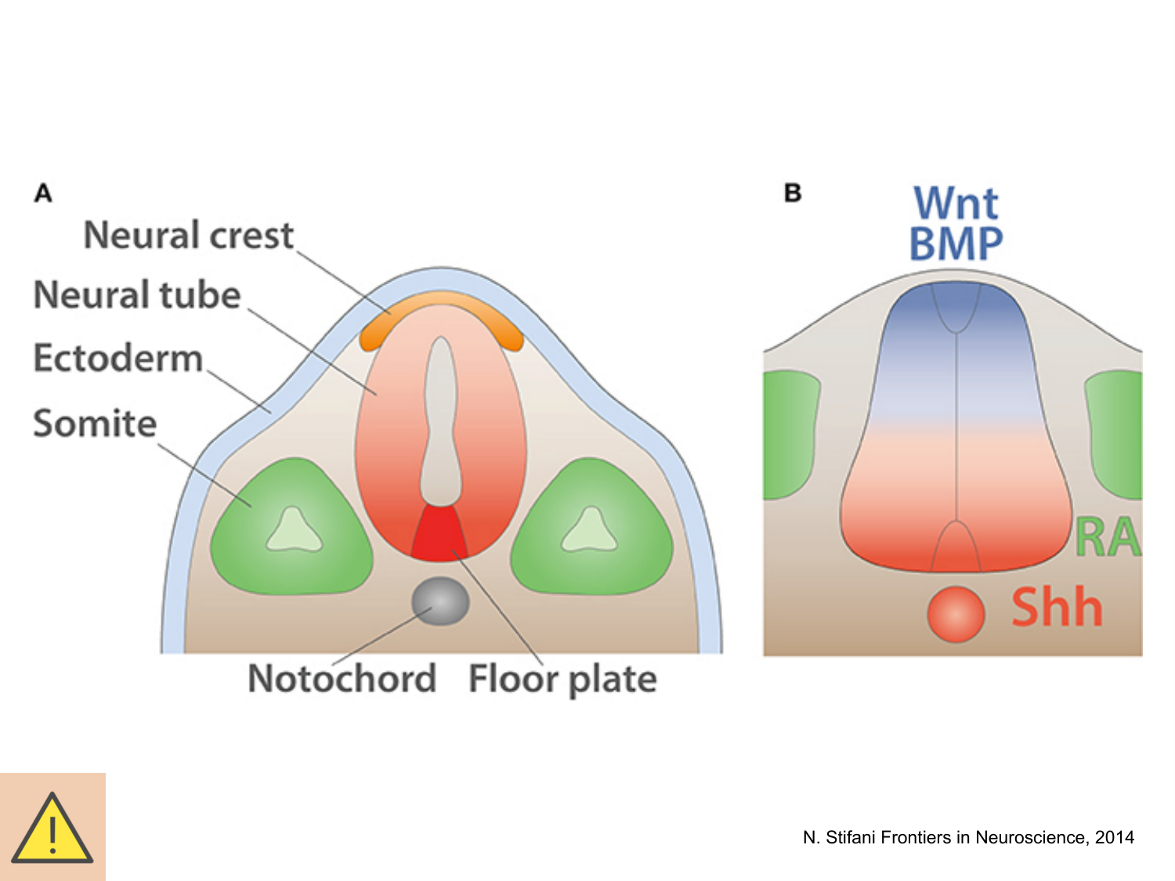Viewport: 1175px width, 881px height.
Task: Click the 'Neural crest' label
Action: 188,235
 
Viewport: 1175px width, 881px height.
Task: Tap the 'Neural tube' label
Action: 137,295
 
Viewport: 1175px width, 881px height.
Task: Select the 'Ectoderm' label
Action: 118,358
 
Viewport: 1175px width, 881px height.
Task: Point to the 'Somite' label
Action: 95,423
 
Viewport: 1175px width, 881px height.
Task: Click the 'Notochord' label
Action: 342,678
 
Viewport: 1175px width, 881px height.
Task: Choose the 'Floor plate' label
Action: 562,679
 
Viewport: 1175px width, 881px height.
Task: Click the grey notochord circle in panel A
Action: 440,601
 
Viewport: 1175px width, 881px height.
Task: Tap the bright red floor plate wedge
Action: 439,536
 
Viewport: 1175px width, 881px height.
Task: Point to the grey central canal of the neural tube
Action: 441,423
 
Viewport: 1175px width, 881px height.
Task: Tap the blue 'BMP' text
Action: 956,244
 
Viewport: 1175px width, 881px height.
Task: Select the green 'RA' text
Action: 1107,538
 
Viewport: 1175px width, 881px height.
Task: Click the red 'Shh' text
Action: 1057,608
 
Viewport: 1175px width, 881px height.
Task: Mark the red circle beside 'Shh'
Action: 956,614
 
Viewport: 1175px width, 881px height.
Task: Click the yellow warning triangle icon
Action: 52,829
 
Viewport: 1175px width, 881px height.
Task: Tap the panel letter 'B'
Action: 793,193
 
